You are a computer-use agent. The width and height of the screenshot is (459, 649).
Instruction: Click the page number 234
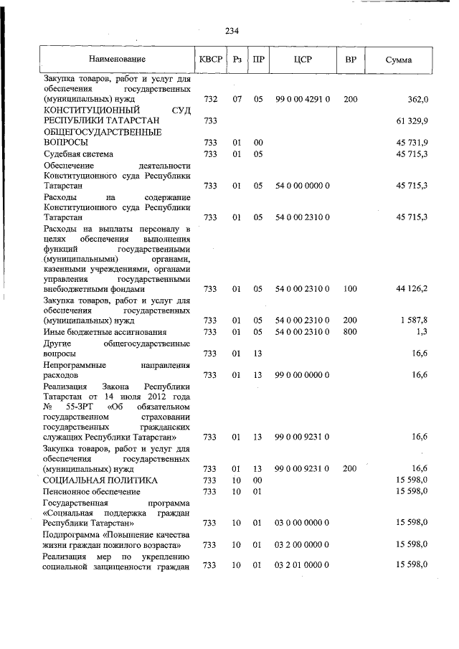[x=232, y=31]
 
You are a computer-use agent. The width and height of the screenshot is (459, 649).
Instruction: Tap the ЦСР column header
[x=302, y=59]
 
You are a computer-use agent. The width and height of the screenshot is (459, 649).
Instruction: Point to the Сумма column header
[x=398, y=59]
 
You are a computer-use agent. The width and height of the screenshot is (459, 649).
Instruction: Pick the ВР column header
[x=351, y=59]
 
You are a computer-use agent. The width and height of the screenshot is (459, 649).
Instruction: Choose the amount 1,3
[x=421, y=331]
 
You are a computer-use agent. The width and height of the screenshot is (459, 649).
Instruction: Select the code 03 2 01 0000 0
[x=302, y=566]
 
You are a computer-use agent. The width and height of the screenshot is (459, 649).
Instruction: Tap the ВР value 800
[x=351, y=331]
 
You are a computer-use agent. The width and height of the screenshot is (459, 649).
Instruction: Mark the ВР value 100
[x=351, y=288]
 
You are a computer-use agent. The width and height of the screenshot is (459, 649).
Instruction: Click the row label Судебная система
[x=79, y=154]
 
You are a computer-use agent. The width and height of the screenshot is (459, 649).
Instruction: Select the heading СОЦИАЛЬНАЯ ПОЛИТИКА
[x=100, y=480]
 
